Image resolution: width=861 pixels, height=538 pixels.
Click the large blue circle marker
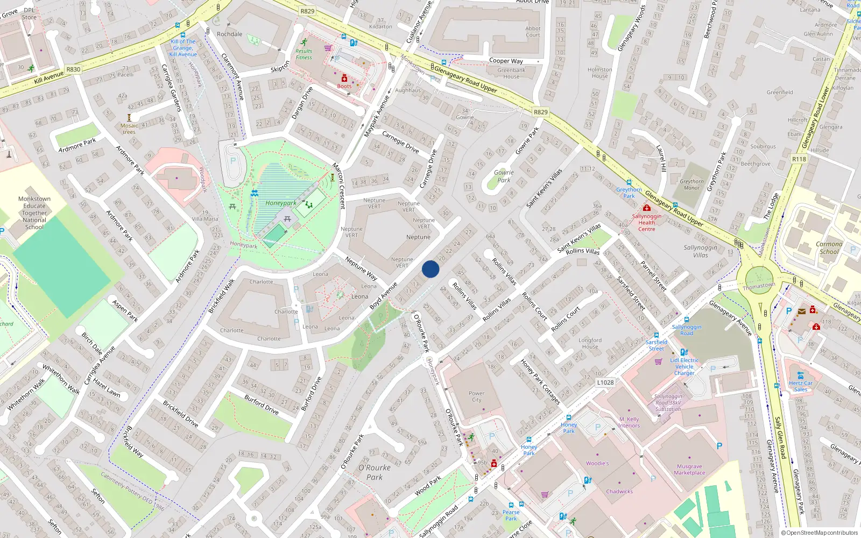click(x=430, y=269)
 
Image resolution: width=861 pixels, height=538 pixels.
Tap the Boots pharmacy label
click(x=344, y=86)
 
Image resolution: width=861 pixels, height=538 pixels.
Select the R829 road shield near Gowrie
click(x=540, y=112)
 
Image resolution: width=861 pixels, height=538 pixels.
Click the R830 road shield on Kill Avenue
click(x=73, y=69)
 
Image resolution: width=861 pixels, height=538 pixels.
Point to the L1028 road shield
click(x=605, y=383)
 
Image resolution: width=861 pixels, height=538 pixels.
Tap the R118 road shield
click(x=799, y=159)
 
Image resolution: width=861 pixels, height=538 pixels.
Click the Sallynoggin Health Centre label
click(x=647, y=222)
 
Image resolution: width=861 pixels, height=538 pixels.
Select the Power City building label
click(x=476, y=397)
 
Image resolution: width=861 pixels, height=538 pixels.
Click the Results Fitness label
click(x=304, y=54)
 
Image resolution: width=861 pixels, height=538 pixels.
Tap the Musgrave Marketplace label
click(x=689, y=470)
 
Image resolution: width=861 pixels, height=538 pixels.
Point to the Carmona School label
click(x=829, y=247)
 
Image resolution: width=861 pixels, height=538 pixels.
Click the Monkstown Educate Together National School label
click(x=34, y=213)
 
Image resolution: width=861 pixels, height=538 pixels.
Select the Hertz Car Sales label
click(x=801, y=386)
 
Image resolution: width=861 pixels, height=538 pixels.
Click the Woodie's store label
click(x=597, y=463)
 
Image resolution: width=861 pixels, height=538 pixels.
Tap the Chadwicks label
click(x=619, y=491)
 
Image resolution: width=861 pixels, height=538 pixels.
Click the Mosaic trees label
click(x=129, y=129)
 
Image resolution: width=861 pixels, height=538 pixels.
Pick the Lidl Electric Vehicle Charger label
click(x=684, y=366)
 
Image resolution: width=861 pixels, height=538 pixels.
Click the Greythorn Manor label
click(x=691, y=185)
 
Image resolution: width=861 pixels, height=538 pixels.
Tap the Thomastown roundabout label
click(x=759, y=286)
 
